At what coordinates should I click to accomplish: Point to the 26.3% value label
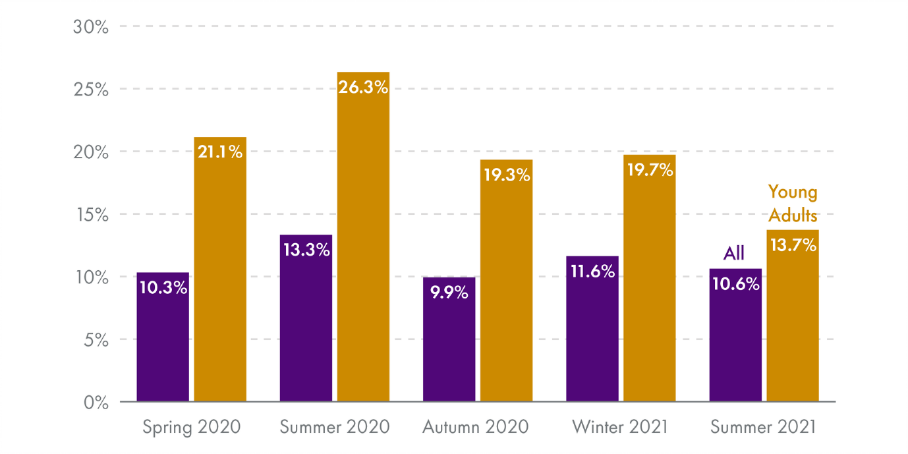[x=363, y=87]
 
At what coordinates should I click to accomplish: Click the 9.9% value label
[x=449, y=293]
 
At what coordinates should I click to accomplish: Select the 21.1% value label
[x=220, y=152]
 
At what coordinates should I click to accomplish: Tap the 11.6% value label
[x=592, y=271]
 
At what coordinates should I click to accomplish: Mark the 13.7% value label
[x=793, y=245]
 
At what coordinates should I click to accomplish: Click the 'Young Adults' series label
[x=793, y=204]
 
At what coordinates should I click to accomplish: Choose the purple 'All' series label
[x=734, y=253]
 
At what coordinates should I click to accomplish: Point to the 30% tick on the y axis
[x=91, y=27]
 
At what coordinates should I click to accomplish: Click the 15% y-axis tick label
[x=91, y=215]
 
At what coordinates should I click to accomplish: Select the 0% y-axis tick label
[x=96, y=402]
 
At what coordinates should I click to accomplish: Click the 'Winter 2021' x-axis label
[x=620, y=427]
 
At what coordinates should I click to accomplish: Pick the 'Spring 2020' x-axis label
[x=192, y=427]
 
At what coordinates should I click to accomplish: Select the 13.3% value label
[x=306, y=250]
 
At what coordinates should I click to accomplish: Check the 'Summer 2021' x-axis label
[x=763, y=427]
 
